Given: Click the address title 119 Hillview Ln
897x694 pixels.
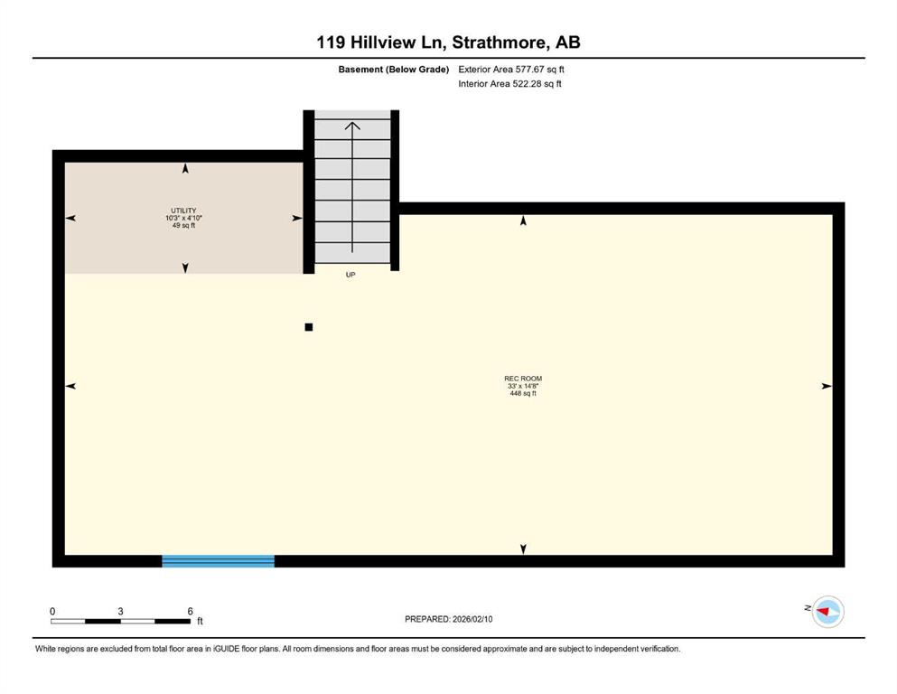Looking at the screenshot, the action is [x=382, y=42].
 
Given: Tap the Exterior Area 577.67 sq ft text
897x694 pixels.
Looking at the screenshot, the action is [x=511, y=70].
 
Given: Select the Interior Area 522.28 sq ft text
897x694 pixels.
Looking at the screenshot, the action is [x=509, y=83].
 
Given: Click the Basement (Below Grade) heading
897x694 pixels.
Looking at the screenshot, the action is [x=394, y=70].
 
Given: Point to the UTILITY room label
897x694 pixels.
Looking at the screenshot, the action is [x=183, y=211].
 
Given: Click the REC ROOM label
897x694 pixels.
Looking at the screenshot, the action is [x=523, y=379].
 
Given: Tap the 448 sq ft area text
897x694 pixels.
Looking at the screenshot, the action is [x=523, y=393].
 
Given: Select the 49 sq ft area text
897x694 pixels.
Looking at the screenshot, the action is [x=183, y=225].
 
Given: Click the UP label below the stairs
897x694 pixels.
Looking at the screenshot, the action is [x=350, y=275].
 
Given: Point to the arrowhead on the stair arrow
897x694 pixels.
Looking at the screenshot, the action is [x=352, y=126].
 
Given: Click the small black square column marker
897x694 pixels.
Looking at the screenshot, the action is [x=309, y=327].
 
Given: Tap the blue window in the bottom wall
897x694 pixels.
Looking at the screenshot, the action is [x=218, y=560].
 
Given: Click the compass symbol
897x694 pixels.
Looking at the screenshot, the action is [x=828, y=612].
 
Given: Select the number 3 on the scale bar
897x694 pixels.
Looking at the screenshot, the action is [x=121, y=611].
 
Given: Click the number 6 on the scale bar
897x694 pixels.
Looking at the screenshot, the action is [x=190, y=611].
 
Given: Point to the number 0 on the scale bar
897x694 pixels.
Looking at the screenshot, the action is [x=52, y=611].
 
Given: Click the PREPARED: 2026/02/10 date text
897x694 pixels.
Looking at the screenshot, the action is [x=448, y=619].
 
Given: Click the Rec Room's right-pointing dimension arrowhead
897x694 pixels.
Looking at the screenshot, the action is [x=827, y=386].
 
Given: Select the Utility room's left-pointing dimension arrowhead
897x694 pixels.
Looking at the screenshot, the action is [x=71, y=218].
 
